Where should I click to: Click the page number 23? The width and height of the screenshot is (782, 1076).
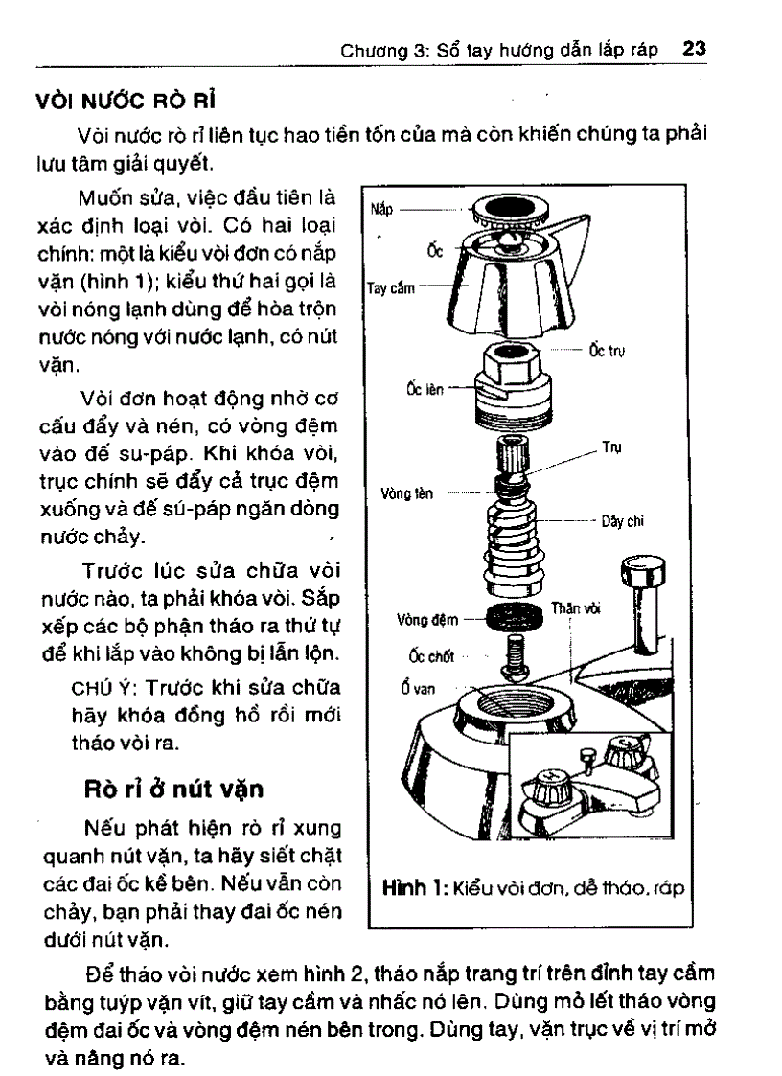(695, 48)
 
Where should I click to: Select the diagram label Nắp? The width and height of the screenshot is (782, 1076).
(382, 206)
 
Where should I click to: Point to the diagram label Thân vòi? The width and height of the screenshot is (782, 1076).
(575, 608)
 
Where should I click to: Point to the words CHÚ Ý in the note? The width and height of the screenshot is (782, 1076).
(100, 689)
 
